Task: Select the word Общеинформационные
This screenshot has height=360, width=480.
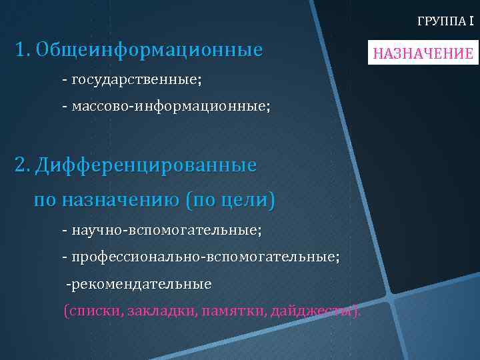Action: [149, 50]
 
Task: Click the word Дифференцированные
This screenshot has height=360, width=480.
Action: [146, 165]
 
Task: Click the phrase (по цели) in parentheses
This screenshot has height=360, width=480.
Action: [230, 199]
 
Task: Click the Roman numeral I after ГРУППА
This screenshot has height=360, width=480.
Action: [471, 21]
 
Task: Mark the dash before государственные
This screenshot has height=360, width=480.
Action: [65, 79]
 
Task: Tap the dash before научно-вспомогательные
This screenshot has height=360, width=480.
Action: [65, 230]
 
